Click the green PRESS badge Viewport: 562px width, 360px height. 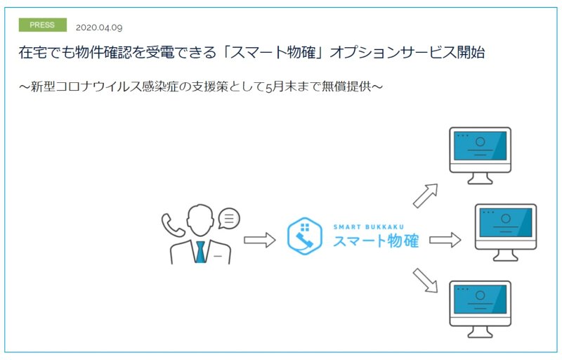43,25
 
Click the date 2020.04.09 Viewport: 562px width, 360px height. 99,27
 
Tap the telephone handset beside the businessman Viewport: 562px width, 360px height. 172,225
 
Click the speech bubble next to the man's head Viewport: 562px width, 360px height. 229,218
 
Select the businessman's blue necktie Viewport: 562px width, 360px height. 201,252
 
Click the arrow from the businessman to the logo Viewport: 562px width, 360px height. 259,240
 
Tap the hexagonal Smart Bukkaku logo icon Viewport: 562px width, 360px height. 305,236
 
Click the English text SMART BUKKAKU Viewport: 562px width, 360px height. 368,227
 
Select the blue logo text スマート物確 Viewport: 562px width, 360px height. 376,241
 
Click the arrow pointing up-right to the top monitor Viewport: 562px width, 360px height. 426,195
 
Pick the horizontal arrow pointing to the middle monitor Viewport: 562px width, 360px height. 445,240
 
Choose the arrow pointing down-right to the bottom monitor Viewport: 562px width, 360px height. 426,281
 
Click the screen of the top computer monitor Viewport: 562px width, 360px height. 481,146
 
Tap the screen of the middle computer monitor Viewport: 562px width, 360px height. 506,222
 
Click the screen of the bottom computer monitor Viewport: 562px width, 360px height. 481,300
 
